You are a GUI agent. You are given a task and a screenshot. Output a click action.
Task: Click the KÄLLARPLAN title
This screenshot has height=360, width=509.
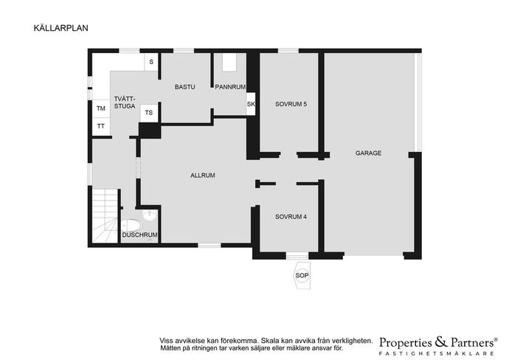60,28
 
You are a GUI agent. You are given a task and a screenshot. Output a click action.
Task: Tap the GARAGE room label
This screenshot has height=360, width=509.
368,153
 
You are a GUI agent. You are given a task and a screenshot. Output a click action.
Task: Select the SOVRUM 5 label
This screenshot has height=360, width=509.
291,104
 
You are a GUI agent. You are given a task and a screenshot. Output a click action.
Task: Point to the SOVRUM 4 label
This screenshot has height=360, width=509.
291,217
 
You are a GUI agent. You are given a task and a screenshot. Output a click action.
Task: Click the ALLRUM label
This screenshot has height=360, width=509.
203,176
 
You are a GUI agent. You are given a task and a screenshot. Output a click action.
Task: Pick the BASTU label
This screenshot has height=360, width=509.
184,87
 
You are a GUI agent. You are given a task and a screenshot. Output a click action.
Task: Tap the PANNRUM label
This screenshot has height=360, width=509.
230,87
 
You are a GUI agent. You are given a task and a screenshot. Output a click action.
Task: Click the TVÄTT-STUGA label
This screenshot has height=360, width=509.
125,103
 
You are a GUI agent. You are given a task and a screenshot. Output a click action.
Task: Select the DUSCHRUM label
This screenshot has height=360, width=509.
139,235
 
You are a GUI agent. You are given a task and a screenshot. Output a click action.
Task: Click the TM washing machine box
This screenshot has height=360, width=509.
101,108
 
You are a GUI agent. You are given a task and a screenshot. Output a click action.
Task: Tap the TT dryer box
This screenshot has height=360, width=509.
101,126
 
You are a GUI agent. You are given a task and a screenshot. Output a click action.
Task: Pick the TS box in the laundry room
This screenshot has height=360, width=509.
149,113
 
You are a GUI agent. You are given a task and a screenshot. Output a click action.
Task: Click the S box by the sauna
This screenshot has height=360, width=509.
151,62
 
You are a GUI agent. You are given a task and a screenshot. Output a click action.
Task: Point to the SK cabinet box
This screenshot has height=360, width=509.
251,104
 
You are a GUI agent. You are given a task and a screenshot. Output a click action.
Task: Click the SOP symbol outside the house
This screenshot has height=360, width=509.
302,276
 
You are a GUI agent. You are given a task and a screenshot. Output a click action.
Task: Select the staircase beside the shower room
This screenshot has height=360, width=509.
105,215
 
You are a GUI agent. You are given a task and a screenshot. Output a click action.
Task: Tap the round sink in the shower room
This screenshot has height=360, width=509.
149,215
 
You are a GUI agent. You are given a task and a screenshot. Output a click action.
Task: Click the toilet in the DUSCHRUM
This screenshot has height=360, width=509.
131,225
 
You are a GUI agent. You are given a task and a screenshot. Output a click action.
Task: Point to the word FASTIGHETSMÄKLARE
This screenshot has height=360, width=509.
437,353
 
